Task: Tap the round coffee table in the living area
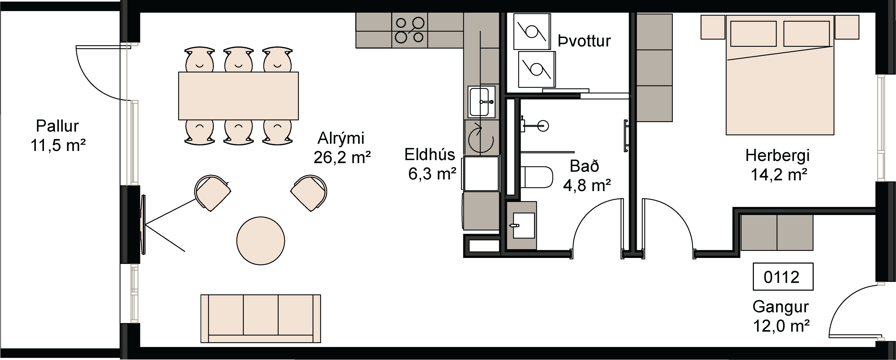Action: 261,241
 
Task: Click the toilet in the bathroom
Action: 536,177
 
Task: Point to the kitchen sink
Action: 481,102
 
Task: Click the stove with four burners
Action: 409,30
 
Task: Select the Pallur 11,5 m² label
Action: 58,136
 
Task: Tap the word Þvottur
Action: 584,41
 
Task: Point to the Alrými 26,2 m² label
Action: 342,148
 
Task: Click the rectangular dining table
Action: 239,96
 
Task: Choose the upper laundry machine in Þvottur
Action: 532,32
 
